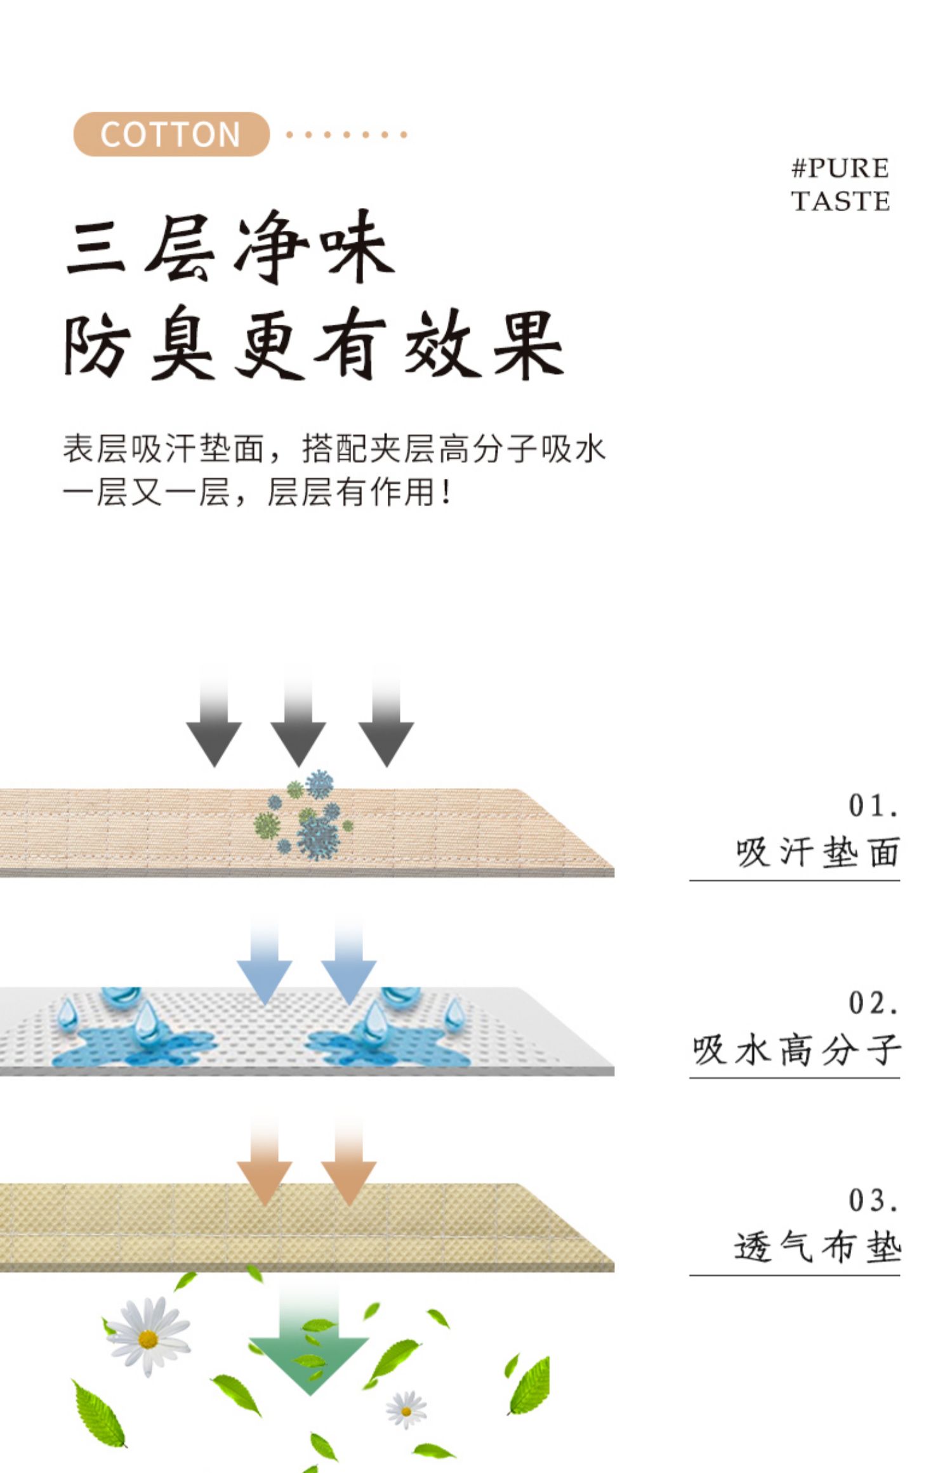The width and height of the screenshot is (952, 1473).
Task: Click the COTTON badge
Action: coord(171,134)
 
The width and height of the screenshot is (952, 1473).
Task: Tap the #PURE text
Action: coord(840,169)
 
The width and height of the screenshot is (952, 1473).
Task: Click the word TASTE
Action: coord(840,201)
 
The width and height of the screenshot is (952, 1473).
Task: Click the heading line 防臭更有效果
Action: coord(314,343)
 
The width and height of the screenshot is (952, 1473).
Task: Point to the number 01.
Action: coord(873,806)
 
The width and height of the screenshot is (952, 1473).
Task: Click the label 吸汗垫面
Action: coord(817,852)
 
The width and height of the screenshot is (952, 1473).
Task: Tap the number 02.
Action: coord(873,1003)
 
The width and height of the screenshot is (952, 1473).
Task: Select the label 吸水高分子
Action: coord(796,1049)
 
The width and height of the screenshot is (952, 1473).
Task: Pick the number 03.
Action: coord(873,1200)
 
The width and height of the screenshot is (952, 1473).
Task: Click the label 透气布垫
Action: coord(817,1247)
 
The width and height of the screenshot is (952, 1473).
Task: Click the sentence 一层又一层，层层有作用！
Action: coord(257,492)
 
